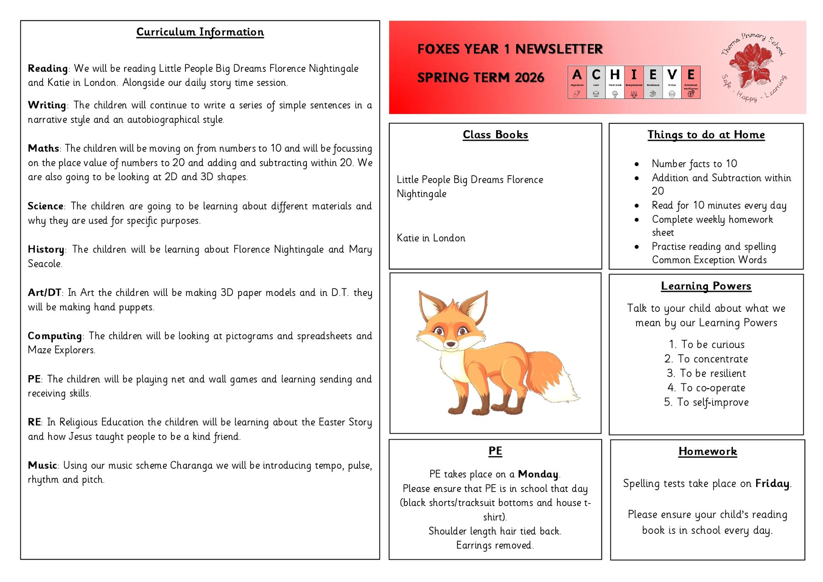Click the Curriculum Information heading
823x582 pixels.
click(200, 32)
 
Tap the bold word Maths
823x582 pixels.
click(43, 149)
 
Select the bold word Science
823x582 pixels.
click(45, 206)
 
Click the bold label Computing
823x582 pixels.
click(55, 336)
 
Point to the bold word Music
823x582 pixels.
click(42, 466)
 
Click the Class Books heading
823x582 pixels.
click(495, 135)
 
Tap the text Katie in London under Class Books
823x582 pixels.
click(431, 238)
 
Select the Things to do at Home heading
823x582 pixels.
click(706, 135)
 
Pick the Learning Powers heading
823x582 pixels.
click(706, 286)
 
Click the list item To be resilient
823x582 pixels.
click(712, 373)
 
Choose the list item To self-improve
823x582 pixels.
click(712, 402)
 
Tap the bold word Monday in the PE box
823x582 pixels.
click(538, 474)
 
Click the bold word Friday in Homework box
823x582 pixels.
click(772, 484)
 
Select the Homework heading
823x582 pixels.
click(708, 452)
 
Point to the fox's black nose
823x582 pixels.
click(451, 344)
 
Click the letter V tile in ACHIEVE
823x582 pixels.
click(672, 75)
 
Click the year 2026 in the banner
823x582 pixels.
click(529, 78)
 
